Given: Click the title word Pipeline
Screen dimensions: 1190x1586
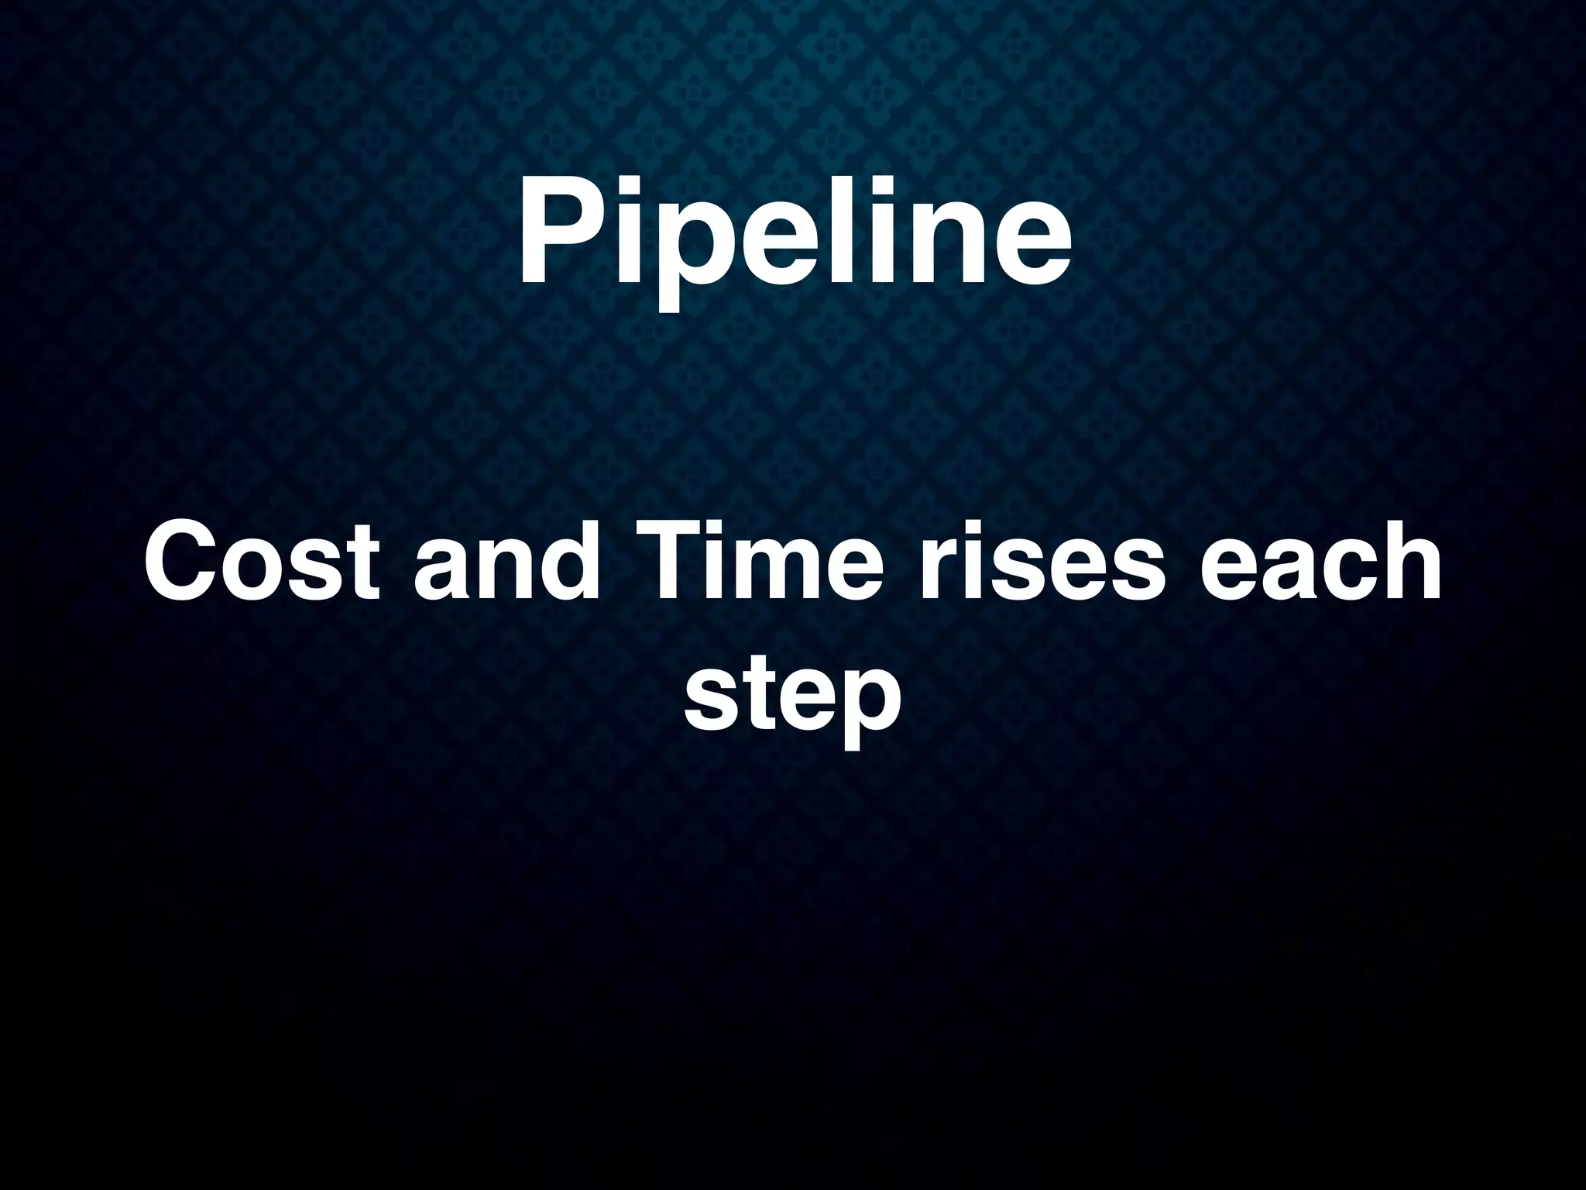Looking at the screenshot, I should click(x=795, y=232).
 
